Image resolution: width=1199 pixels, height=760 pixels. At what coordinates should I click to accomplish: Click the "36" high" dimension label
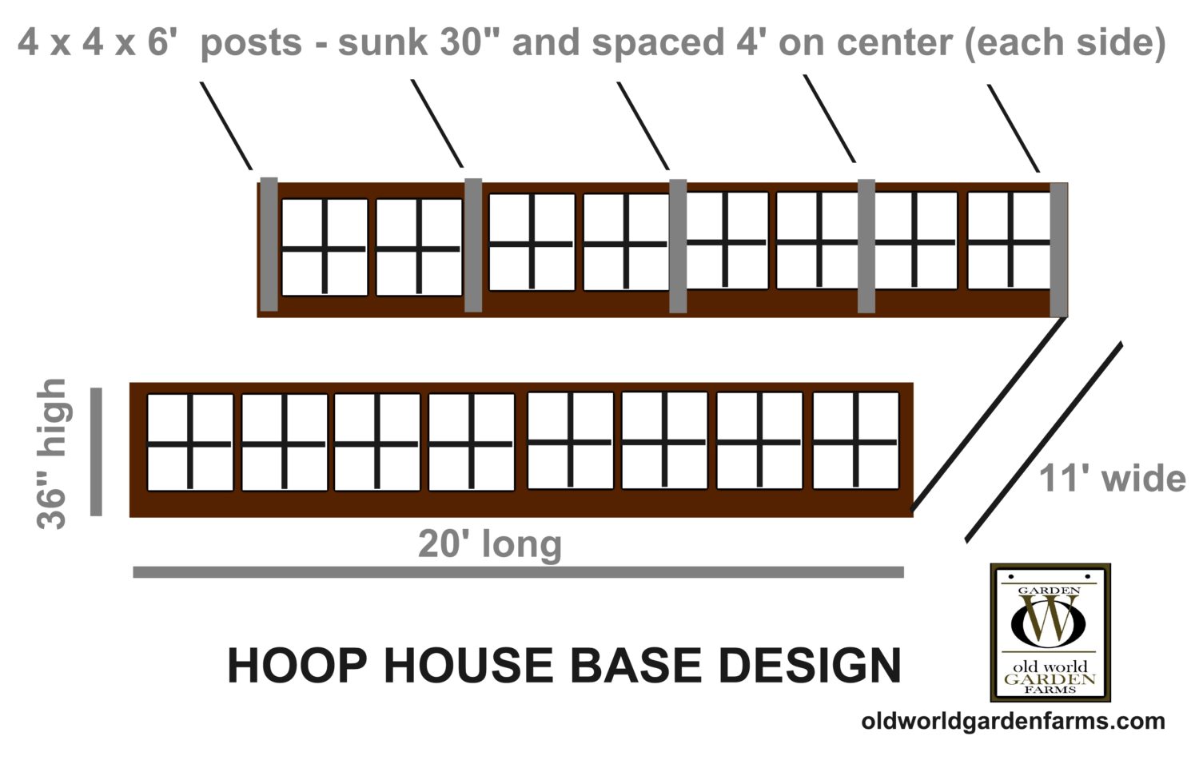pos(52,453)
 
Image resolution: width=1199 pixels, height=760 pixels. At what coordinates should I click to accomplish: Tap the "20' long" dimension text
pos(490,544)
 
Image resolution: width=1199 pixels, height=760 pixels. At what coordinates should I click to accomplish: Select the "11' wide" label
pos(1112,479)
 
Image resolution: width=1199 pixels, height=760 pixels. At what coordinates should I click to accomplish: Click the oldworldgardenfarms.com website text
pos(1013,721)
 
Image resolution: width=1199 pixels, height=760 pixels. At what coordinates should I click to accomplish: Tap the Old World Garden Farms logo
pos(1050,632)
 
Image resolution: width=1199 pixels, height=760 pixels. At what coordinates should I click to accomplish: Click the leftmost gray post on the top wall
pos(269,244)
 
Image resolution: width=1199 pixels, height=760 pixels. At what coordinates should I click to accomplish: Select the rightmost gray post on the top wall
pos(1058,249)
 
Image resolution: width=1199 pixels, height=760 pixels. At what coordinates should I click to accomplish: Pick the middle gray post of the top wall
pos(678,245)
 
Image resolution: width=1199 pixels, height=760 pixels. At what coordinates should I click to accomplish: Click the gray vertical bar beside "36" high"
pos(97,452)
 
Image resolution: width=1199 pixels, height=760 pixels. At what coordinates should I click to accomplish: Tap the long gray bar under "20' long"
pos(518,572)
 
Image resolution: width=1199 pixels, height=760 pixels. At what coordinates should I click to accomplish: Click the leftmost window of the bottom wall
pos(190,442)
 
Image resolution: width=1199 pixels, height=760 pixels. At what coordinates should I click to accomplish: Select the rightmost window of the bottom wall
pos(856,440)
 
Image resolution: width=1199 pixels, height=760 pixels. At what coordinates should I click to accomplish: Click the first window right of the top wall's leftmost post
pos(325,248)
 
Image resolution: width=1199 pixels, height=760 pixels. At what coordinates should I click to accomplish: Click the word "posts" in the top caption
pos(251,42)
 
